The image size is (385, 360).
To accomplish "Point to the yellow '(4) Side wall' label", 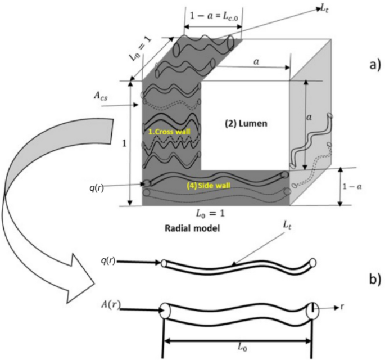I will [x=215, y=183].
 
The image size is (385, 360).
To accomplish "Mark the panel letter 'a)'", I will [x=373, y=64].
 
